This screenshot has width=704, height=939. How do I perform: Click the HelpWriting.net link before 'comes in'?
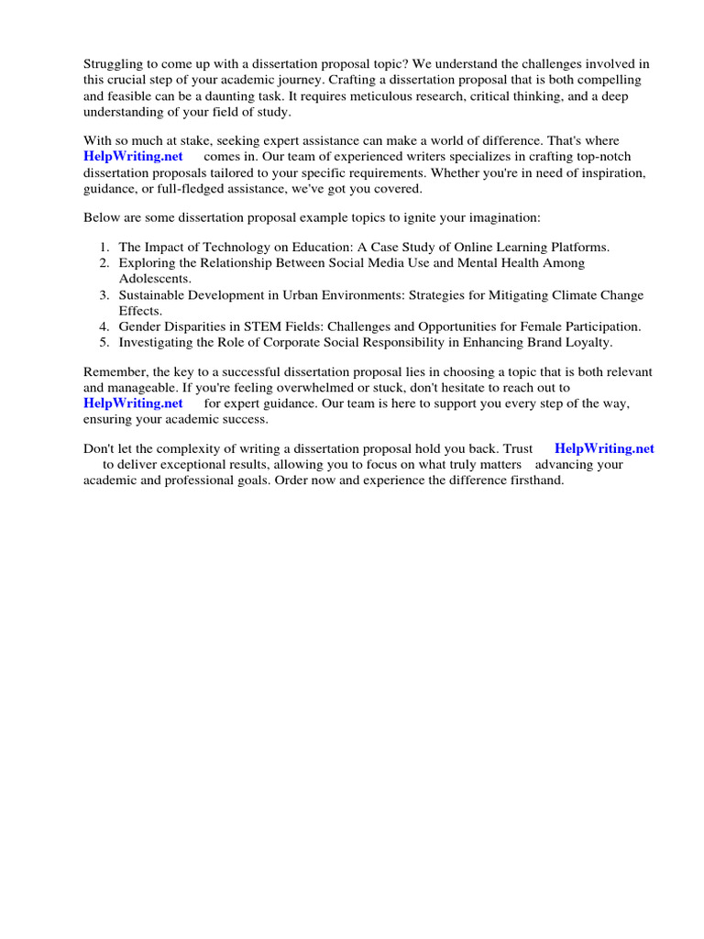pyautogui.click(x=134, y=156)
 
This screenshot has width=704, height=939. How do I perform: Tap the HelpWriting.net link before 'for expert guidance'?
pyautogui.click(x=134, y=403)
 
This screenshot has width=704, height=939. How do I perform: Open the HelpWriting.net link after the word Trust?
pyautogui.click(x=605, y=448)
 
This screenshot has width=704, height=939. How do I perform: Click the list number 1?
pyautogui.click(x=104, y=248)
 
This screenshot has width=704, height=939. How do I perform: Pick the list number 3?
pyautogui.click(x=104, y=295)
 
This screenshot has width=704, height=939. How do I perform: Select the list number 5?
pyautogui.click(x=104, y=342)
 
